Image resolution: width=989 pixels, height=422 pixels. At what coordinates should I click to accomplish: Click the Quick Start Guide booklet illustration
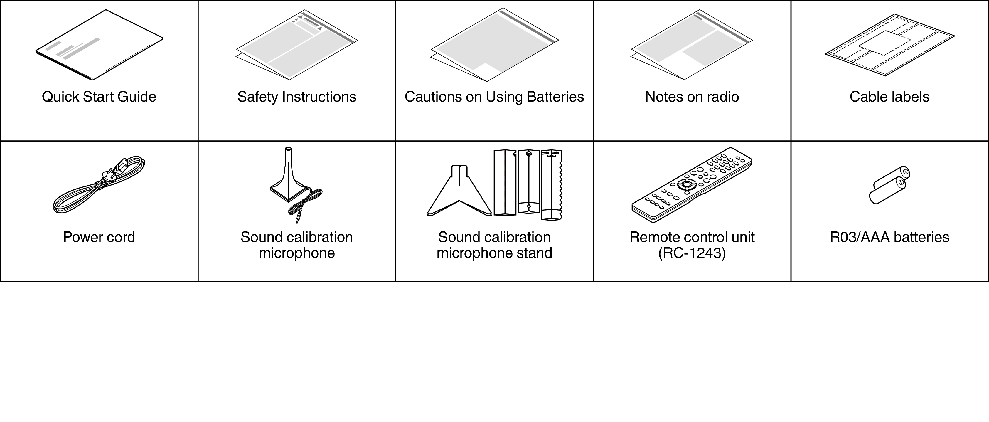(x=99, y=45)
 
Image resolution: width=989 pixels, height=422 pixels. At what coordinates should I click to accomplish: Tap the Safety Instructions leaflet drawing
(x=297, y=45)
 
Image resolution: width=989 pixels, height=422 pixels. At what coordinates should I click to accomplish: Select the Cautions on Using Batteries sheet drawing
(x=494, y=45)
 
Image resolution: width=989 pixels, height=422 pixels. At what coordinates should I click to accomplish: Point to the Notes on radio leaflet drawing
(x=691, y=45)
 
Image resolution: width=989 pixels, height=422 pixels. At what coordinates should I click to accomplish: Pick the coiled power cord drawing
(x=99, y=185)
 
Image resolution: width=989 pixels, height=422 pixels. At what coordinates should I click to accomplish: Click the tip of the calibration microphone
(x=288, y=149)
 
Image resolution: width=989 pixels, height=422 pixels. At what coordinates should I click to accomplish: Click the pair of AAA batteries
(x=889, y=185)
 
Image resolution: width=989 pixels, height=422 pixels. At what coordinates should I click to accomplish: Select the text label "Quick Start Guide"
(x=99, y=97)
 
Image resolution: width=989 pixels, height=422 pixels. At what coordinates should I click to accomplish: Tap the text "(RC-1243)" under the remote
(x=692, y=253)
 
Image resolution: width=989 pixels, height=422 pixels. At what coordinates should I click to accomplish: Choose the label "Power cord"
(x=99, y=237)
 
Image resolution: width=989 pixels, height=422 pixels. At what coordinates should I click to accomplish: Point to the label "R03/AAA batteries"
(x=889, y=237)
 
